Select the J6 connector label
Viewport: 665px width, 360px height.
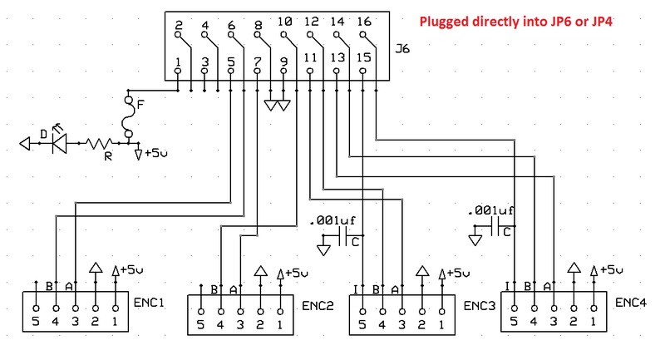point(402,59)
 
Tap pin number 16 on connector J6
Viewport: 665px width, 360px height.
point(363,22)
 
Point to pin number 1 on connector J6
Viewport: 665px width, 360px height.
point(179,62)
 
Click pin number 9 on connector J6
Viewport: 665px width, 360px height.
point(284,62)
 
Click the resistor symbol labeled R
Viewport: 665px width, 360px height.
point(101,144)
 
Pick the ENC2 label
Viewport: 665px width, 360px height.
point(317,305)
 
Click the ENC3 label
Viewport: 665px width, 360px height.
point(478,304)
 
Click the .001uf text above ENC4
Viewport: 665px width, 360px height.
point(490,211)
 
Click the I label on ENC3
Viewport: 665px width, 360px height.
point(356,288)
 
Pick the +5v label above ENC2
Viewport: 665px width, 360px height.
point(295,274)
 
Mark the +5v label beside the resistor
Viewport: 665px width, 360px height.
point(155,153)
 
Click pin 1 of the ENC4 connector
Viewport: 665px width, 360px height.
point(594,320)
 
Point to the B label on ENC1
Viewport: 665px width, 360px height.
point(51,287)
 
